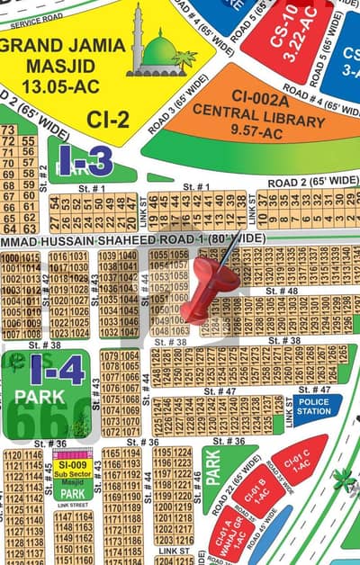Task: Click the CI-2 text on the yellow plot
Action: coord(106,118)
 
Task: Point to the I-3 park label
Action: coord(87,162)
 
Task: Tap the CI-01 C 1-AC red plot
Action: coord(299,460)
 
